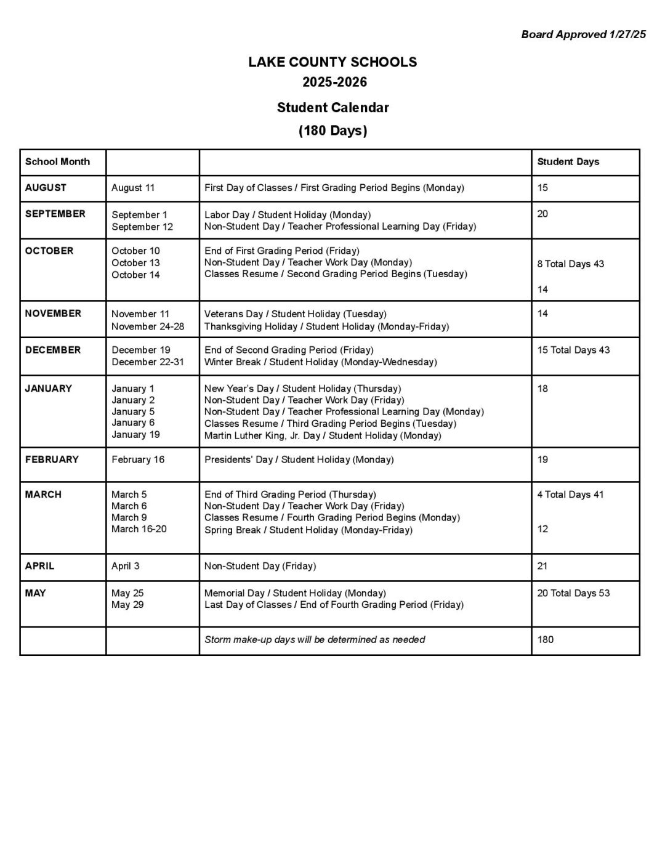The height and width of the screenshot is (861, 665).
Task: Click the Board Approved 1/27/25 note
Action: [583, 34]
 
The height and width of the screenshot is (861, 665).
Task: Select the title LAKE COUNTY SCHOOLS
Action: [332, 62]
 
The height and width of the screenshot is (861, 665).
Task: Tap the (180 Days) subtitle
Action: [332, 131]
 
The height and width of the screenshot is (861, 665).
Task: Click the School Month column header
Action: [57, 162]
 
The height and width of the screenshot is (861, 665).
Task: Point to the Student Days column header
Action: [568, 162]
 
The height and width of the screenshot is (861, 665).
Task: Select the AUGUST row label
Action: [46, 188]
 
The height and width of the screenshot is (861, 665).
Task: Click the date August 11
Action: [133, 188]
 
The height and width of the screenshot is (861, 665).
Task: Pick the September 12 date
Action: [142, 227]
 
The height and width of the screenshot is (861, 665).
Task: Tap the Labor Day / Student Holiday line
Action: [288, 215]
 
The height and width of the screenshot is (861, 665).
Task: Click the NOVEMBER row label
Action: [53, 313]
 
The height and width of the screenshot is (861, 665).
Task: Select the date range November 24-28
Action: [148, 326]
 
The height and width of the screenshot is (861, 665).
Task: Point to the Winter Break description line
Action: [320, 362]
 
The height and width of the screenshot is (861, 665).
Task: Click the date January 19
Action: [135, 435]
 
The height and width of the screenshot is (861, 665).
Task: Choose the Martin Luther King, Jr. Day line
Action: [323, 435]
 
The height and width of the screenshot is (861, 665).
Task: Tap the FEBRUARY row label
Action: [52, 459]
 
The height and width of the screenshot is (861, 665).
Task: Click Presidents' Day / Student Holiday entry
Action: [299, 459]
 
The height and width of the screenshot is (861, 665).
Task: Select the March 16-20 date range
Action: [139, 529]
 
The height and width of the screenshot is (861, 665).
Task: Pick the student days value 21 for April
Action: [542, 566]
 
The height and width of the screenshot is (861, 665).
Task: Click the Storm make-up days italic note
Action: [315, 640]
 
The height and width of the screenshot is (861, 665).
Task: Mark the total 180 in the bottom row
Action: [546, 640]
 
